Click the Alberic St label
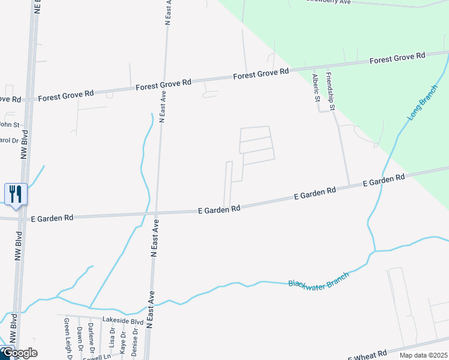click(x=316, y=88)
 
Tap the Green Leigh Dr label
click(x=68, y=340)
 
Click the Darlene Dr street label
click(x=91, y=338)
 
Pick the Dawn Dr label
click(x=79, y=341)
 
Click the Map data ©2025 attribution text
click(x=423, y=355)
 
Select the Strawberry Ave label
click(x=328, y=2)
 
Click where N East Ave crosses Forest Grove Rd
click(x=163, y=85)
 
